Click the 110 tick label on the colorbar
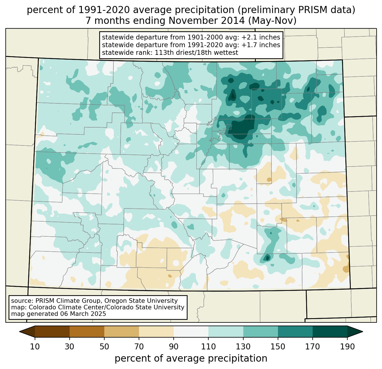click(x=208, y=347)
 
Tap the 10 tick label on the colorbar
click(x=35, y=347)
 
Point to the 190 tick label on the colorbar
click(x=347, y=347)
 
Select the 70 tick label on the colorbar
click(x=139, y=347)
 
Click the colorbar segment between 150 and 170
click(x=295, y=332)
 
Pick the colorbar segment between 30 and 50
click(x=87, y=332)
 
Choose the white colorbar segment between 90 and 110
click(x=191, y=332)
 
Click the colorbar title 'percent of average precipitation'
click(x=191, y=358)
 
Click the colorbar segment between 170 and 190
click(x=330, y=332)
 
